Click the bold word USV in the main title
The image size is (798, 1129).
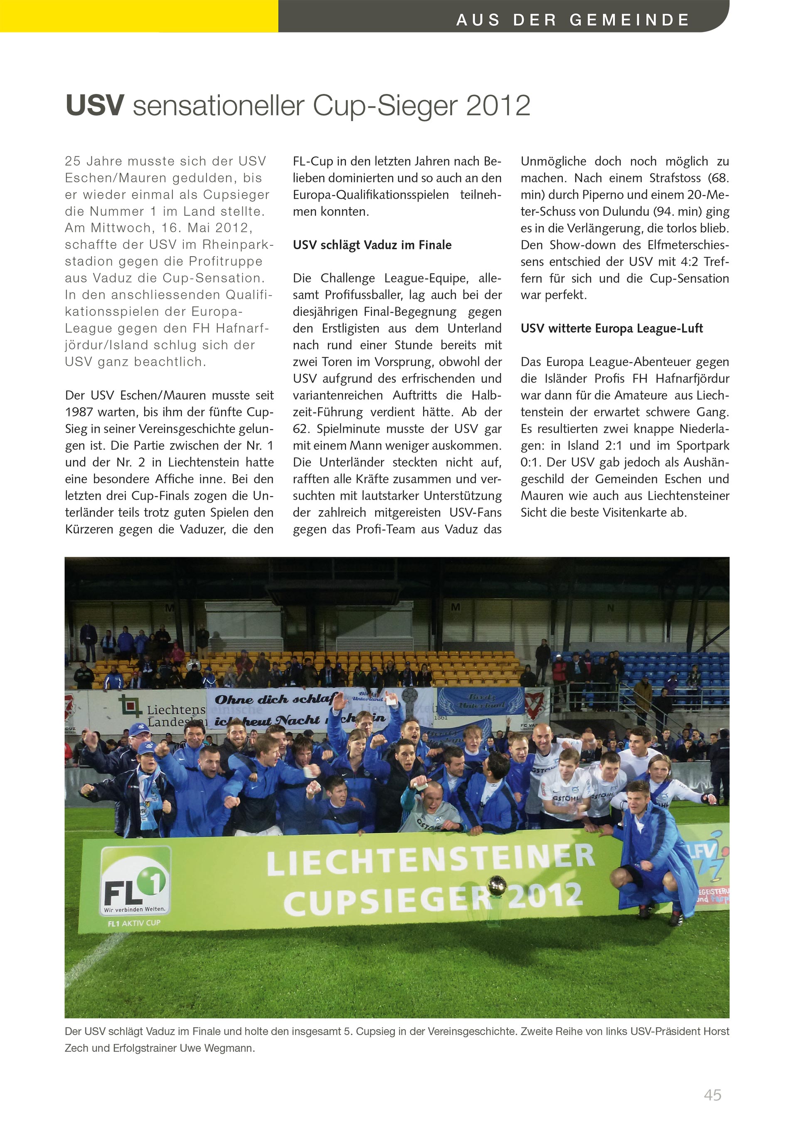[x=94, y=106]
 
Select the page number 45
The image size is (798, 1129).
[x=712, y=1094]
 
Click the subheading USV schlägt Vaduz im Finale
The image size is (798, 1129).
[x=372, y=245]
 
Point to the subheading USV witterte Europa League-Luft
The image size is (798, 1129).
[x=611, y=329]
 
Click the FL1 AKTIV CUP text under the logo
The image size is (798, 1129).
[x=134, y=923]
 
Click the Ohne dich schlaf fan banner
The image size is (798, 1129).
[x=273, y=700]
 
